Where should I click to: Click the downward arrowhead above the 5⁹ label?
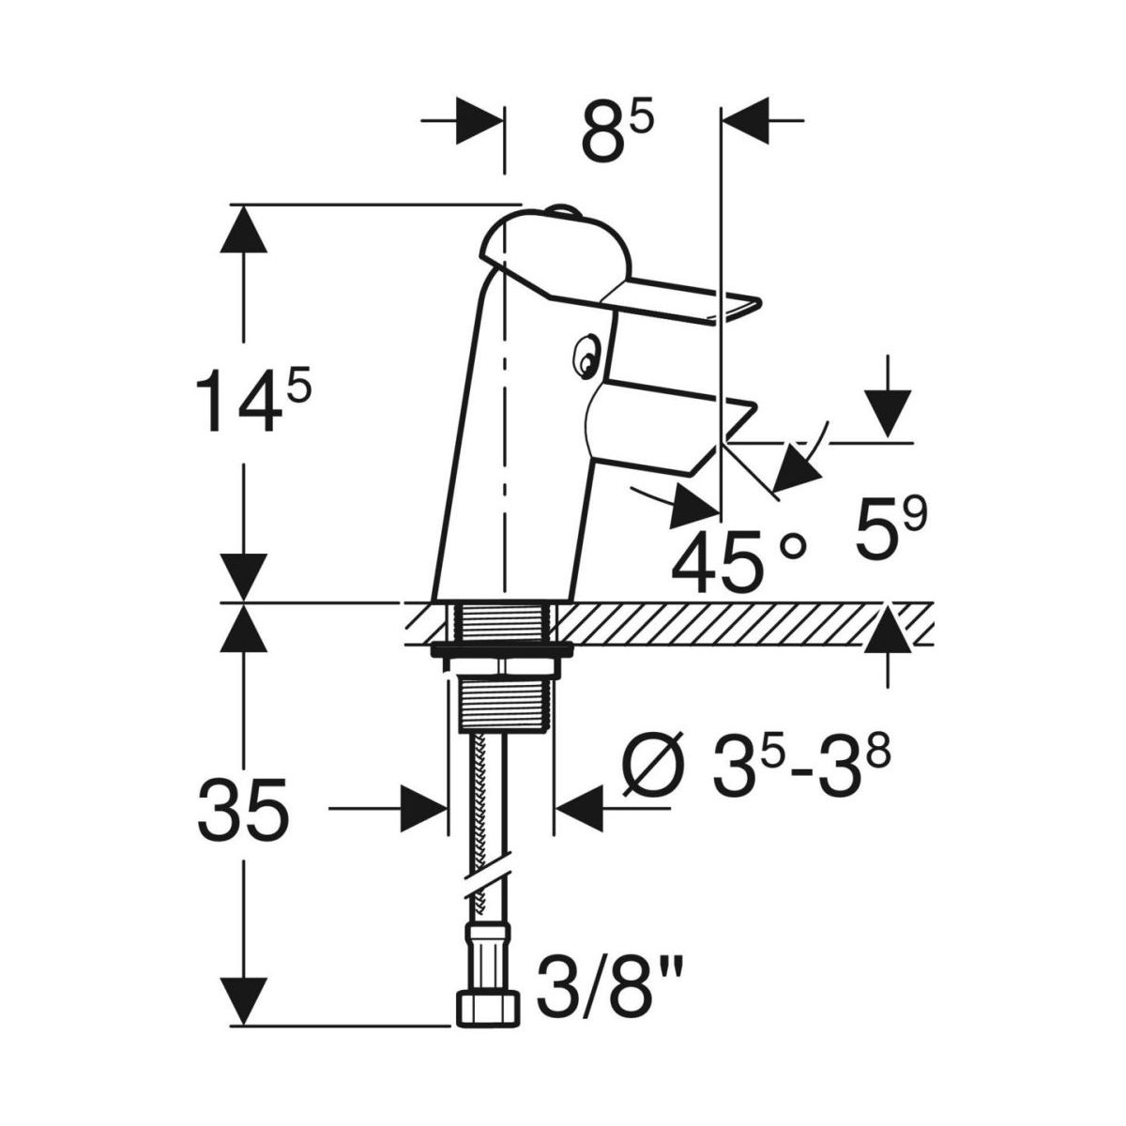[x=888, y=413]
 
